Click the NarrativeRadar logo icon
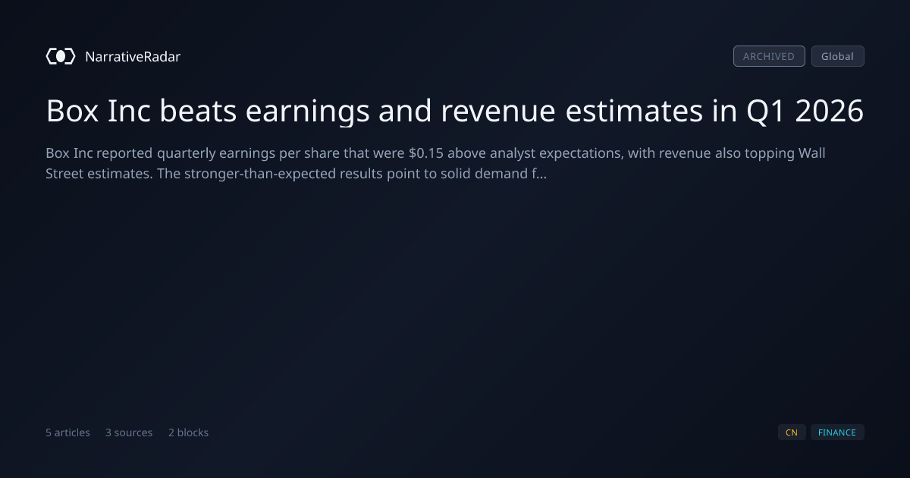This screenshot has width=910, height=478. coord(61,56)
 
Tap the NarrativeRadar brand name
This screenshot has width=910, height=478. coord(133,56)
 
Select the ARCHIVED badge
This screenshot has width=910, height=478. coord(769,56)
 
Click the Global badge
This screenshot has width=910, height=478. coord(838,56)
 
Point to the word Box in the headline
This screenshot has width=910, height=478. coord(72,111)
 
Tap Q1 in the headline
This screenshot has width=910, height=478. coord(765,112)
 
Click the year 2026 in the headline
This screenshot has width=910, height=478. coord(829,111)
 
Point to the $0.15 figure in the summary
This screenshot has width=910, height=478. coord(426,153)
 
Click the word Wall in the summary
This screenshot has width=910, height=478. coord(811,153)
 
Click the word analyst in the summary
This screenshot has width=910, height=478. coord(513,154)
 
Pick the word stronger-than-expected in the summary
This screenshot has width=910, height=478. coord(260,175)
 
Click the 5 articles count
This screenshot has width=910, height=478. coord(67,432)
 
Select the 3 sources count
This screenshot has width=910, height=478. coord(129,432)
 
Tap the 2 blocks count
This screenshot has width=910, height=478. coord(189,432)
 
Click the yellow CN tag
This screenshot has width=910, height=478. coord(792,432)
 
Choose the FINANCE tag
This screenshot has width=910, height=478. coord(837,432)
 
